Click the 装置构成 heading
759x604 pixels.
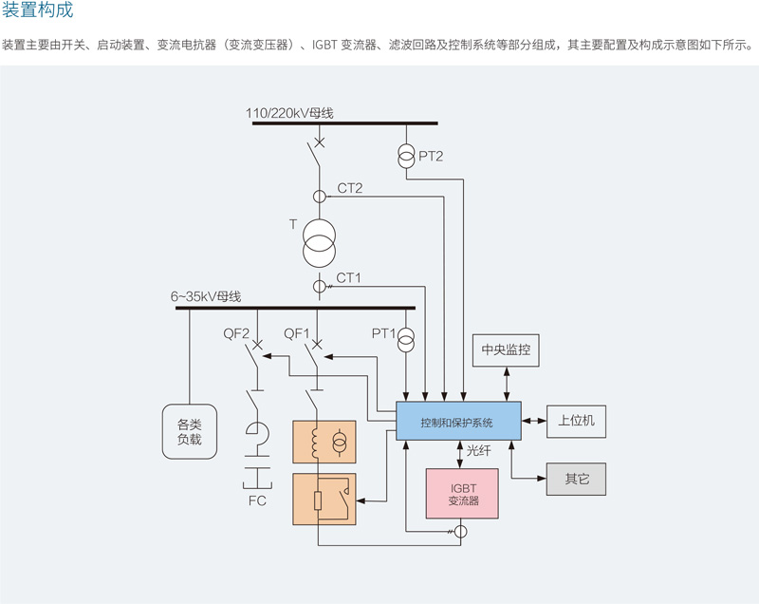coord(37,11)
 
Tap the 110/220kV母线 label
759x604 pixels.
coord(289,114)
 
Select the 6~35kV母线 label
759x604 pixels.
coord(206,297)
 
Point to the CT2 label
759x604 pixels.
coord(350,188)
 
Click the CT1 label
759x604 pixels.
coord(350,277)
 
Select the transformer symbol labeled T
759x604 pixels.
coord(319,241)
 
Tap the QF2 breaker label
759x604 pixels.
coord(236,333)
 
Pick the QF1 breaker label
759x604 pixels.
coord(298,333)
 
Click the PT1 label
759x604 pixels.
coord(383,333)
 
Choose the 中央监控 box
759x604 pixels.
coord(506,350)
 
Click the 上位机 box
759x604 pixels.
coord(576,420)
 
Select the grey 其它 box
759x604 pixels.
coord(576,479)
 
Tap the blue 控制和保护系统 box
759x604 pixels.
coord(458,421)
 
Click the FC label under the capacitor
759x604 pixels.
coord(257,500)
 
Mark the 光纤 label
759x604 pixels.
coord(479,452)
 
